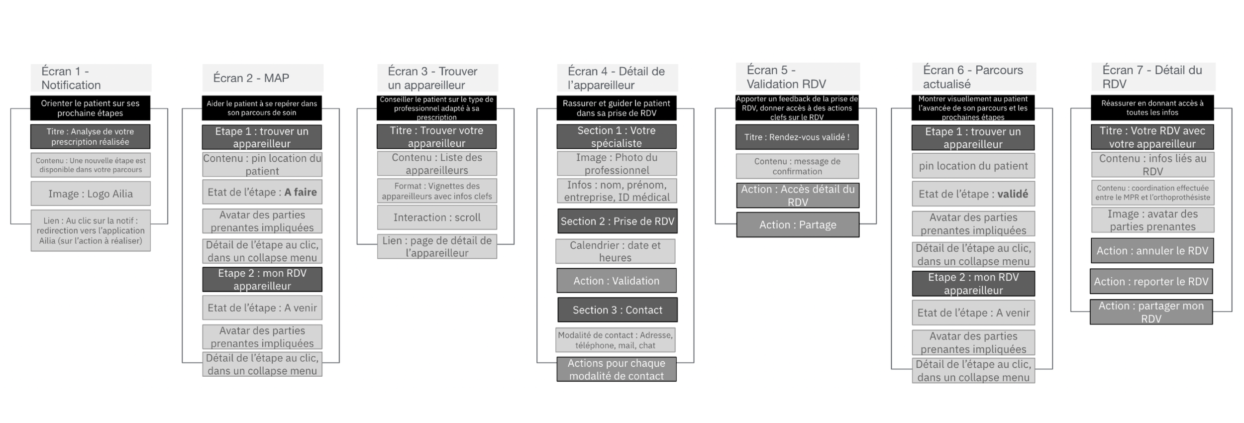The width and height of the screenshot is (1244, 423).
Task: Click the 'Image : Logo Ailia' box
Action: click(91, 194)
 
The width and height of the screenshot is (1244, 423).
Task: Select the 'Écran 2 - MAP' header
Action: click(262, 78)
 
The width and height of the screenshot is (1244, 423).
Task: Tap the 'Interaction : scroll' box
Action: click(437, 217)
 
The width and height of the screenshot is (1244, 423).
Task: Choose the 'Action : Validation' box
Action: click(616, 281)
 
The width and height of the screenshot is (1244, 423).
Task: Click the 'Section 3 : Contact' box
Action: click(617, 310)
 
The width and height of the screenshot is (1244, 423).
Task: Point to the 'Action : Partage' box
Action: click(798, 225)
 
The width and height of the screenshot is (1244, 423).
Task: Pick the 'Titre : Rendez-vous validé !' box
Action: click(797, 137)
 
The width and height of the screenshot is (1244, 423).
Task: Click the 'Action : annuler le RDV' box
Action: click(1152, 251)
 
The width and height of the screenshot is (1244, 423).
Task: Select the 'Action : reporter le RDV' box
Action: click(1151, 282)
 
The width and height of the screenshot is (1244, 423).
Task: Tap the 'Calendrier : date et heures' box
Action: click(615, 251)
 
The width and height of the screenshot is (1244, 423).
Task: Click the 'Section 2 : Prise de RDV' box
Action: click(617, 221)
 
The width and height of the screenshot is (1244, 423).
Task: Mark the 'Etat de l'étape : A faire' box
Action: click(262, 192)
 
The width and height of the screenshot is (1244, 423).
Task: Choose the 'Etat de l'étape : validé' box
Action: click(973, 194)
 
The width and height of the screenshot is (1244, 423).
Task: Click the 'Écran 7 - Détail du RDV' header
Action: click(1152, 77)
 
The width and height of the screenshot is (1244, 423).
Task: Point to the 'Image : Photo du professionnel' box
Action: click(617, 164)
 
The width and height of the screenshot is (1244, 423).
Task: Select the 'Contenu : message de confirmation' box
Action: click(797, 166)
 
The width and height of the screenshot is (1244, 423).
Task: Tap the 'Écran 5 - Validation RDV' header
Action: click(797, 77)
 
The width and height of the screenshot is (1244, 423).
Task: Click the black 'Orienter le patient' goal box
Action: click(90, 108)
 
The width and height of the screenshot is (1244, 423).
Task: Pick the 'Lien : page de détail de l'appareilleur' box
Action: click(437, 247)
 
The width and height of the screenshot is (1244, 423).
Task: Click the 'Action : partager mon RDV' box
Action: click(1151, 312)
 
